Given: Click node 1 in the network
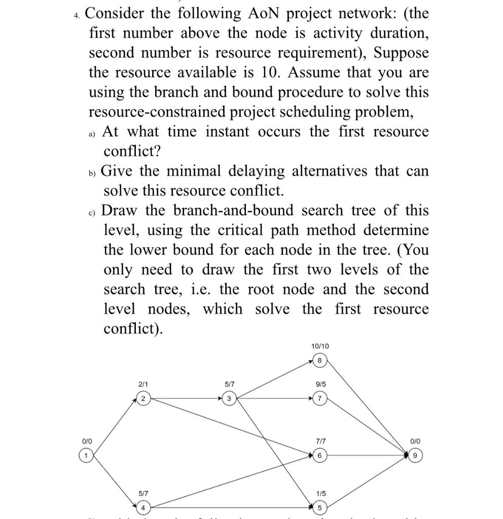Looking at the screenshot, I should pyautogui.click(x=87, y=456).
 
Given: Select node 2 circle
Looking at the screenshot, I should pyautogui.click(x=143, y=399).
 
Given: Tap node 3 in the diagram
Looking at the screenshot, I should pyautogui.click(x=229, y=399).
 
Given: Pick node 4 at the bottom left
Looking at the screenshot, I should pyautogui.click(x=143, y=507).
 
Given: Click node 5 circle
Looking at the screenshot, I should pyautogui.click(x=319, y=507).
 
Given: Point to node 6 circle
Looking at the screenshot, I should pyautogui.click(x=319, y=456).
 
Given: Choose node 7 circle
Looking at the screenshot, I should pyautogui.click(x=319, y=399).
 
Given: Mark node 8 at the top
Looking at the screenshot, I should pyautogui.click(x=319, y=360).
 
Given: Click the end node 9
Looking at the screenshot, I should pyautogui.click(x=415, y=456).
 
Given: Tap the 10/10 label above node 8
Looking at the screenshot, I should pyautogui.click(x=319, y=346).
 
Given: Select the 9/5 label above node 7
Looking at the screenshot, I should pyautogui.click(x=319, y=385).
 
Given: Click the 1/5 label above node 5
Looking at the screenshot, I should pyautogui.click(x=319, y=493).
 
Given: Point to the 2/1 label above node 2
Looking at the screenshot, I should pyautogui.click(x=143, y=385).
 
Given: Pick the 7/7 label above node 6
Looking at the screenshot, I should pyautogui.click(x=319, y=441).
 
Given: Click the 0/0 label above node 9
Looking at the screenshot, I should pyautogui.click(x=415, y=441).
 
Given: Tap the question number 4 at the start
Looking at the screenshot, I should pyautogui.click(x=76, y=15).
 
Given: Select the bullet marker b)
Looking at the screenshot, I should pyautogui.click(x=92, y=172).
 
